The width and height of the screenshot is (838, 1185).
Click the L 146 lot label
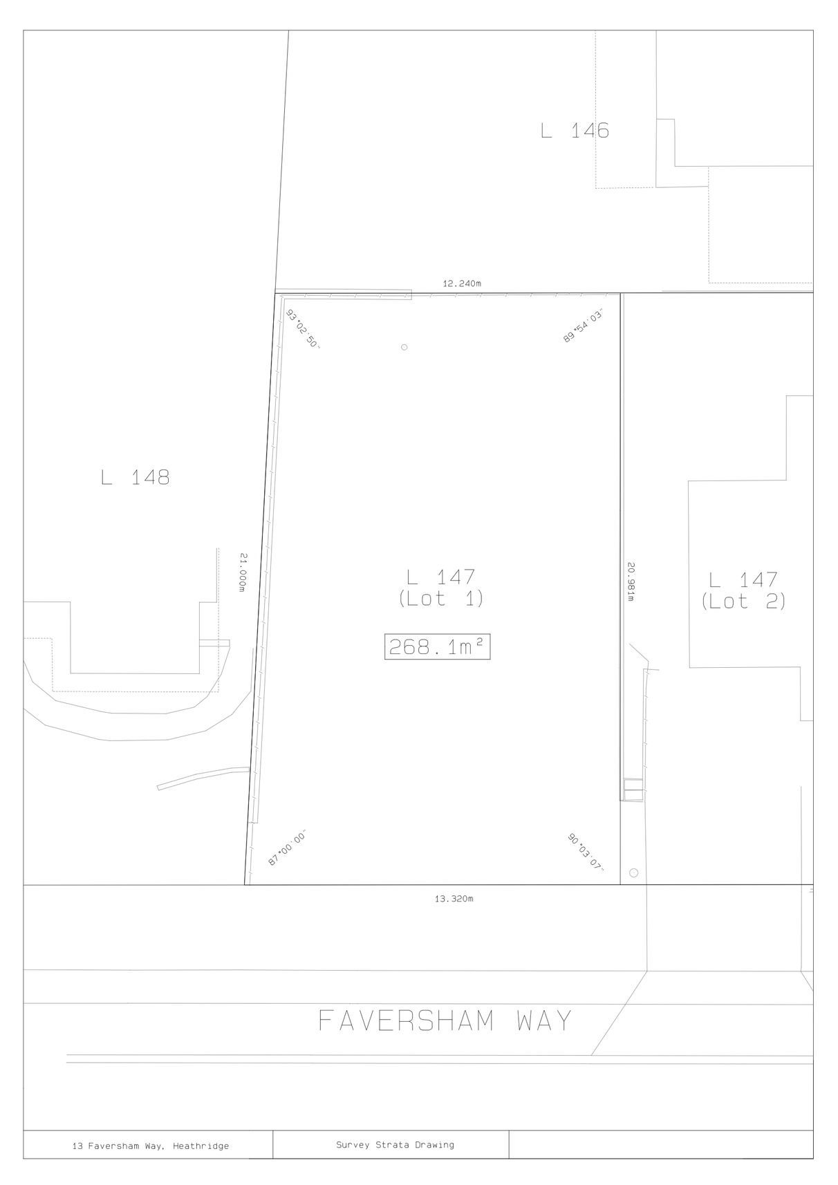(x=575, y=130)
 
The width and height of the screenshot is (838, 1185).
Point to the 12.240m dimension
(x=462, y=283)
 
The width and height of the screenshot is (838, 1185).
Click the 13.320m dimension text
(x=454, y=899)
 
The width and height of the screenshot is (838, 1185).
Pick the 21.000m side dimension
(x=243, y=572)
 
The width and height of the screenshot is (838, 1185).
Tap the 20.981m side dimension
(x=631, y=581)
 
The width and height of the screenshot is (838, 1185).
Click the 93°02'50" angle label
(x=304, y=329)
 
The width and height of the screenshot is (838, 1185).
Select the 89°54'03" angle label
(x=583, y=326)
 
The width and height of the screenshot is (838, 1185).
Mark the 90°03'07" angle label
(x=586, y=852)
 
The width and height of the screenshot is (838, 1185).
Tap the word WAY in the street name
(x=544, y=1020)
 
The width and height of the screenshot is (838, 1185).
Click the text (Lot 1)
(x=440, y=599)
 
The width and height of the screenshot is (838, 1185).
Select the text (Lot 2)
(x=743, y=601)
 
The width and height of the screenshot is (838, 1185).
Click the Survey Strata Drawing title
(x=395, y=1145)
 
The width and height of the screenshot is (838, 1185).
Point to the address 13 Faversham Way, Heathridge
(x=151, y=1146)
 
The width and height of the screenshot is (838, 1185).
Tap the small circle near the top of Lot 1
(x=404, y=348)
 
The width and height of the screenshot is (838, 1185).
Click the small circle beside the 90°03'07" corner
(x=634, y=873)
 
